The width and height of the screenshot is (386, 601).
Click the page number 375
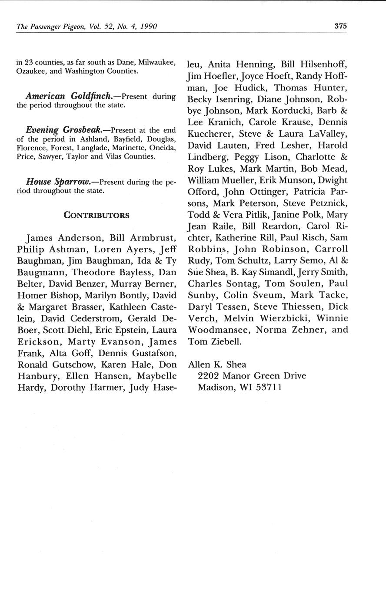tap(340, 26)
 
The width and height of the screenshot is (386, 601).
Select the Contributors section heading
tap(96, 215)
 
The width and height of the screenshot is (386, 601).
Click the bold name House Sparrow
tap(59, 181)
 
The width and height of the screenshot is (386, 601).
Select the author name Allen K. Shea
tap(217, 365)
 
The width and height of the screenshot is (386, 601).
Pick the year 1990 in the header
tap(146, 27)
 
